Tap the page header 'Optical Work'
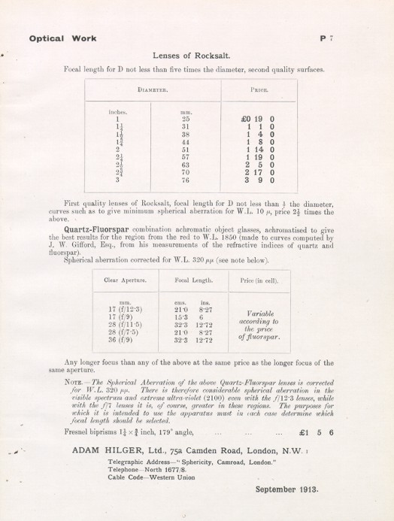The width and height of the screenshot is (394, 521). point(57,36)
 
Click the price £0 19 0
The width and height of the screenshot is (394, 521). point(259,118)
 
